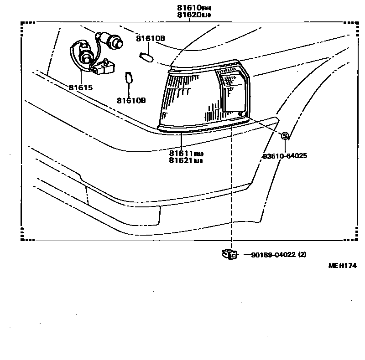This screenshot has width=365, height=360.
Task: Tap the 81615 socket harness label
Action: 81,87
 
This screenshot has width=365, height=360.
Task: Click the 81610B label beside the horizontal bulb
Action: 151,39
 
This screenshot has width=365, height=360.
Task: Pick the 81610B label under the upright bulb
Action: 131,100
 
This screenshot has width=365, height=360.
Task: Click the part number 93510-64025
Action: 284,156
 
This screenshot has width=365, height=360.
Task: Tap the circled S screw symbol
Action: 285,136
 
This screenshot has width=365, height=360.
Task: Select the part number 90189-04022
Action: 273,255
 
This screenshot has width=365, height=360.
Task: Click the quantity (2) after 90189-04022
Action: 302,255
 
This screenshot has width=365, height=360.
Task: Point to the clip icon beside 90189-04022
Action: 229,254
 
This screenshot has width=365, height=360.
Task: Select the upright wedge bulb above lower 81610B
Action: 129,77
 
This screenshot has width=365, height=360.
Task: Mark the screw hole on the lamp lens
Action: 240,113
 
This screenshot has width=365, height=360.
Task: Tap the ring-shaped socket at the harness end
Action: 84,57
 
